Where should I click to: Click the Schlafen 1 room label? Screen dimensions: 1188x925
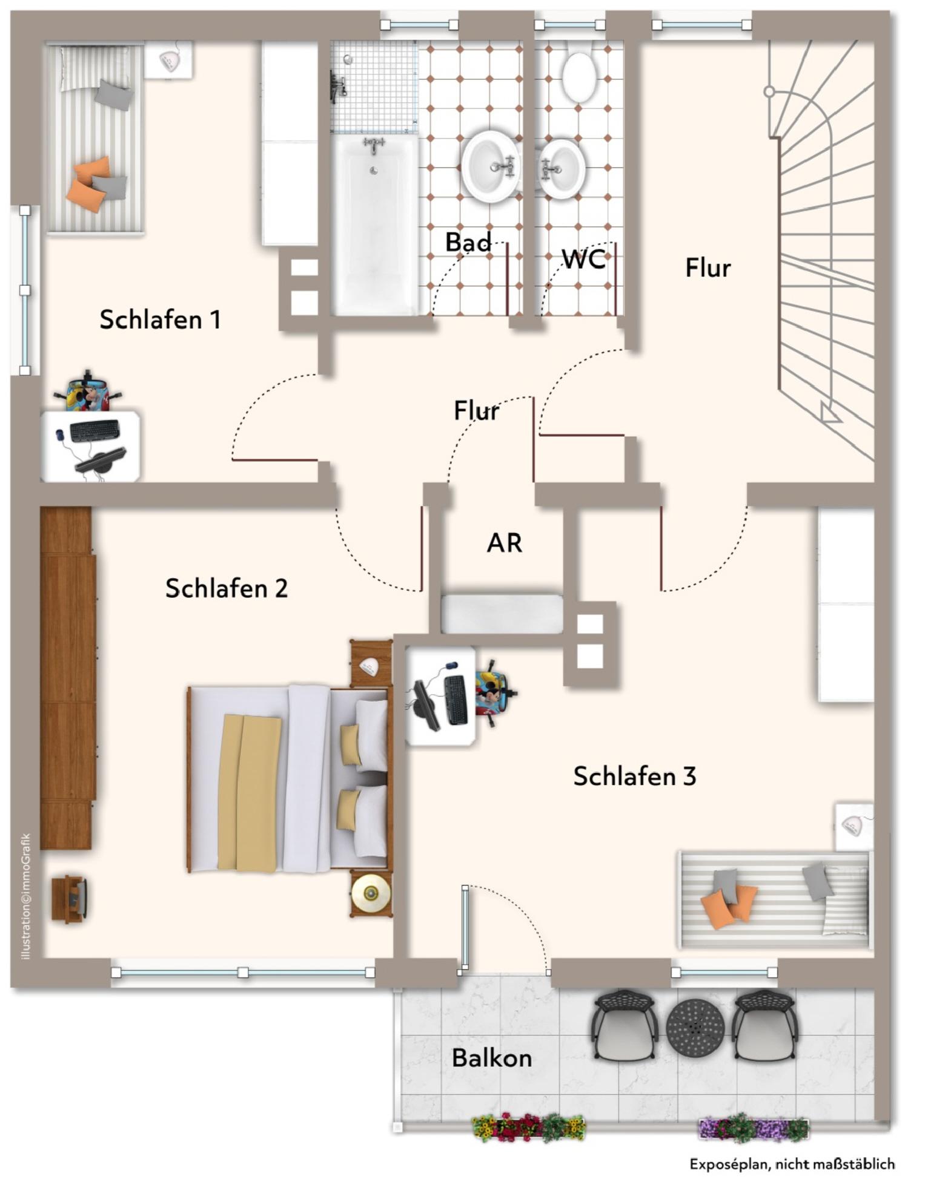[x=160, y=320]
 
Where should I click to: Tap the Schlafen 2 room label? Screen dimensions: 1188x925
[x=226, y=588]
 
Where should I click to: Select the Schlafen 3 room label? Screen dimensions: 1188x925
[x=634, y=776]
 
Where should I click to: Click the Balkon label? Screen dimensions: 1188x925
[x=491, y=1058]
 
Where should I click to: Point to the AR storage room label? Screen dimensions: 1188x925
[x=504, y=543]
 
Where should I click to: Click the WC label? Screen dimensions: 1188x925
[x=583, y=259]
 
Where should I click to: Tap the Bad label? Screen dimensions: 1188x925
[x=468, y=243]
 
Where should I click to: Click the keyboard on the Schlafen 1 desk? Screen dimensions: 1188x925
[x=94, y=430]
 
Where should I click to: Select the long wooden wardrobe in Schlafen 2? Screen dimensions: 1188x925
[x=67, y=678]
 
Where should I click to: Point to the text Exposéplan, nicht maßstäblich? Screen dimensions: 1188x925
[x=791, y=1164]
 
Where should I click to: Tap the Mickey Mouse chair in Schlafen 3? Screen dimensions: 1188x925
[x=494, y=693]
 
